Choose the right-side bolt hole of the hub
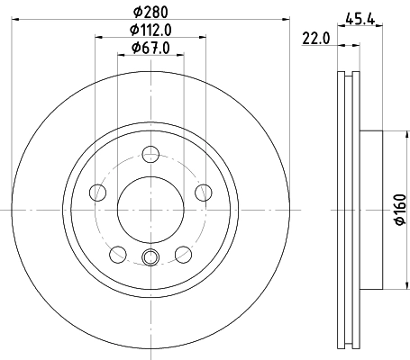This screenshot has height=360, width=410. pos(203,193)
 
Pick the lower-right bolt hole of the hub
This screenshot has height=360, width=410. pos(183,254)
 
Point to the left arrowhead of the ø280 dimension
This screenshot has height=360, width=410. pos(17,20)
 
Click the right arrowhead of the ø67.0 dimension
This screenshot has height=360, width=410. pos(179,57)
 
